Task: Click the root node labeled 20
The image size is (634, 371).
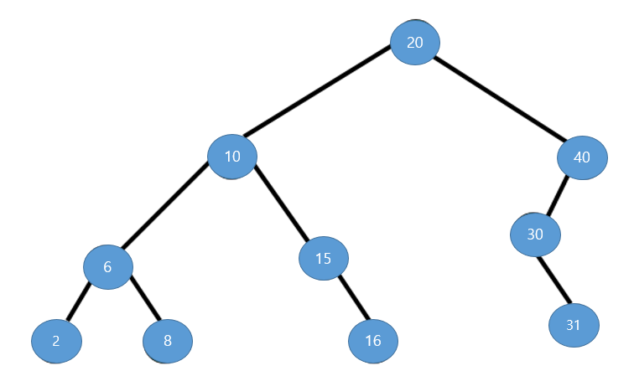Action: tap(415, 43)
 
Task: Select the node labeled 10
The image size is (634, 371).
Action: tap(232, 157)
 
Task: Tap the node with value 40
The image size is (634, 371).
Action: tap(582, 157)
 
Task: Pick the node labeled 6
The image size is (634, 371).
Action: tap(108, 267)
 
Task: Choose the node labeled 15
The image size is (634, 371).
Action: tap(324, 259)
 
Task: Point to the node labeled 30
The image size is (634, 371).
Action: tap(535, 234)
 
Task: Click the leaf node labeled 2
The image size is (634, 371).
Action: tap(57, 341)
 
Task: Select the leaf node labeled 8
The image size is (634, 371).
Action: tap(168, 341)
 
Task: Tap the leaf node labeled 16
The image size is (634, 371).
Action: tap(373, 341)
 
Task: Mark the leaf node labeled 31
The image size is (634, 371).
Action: tap(574, 325)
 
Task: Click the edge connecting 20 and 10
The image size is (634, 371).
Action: tap(317, 90)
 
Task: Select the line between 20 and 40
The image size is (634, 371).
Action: tap(500, 99)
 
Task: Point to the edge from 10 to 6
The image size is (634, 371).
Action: tap(164, 205)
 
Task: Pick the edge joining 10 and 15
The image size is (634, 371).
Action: tap(282, 203)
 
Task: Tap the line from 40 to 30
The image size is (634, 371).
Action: tap(557, 196)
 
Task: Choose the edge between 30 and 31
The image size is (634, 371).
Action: tap(554, 280)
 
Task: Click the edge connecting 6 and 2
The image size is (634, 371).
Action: tap(79, 301)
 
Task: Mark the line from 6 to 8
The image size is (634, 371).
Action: tap(145, 298)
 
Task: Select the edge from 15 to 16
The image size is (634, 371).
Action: tap(354, 298)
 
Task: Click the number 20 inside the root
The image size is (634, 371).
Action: tap(415, 43)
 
